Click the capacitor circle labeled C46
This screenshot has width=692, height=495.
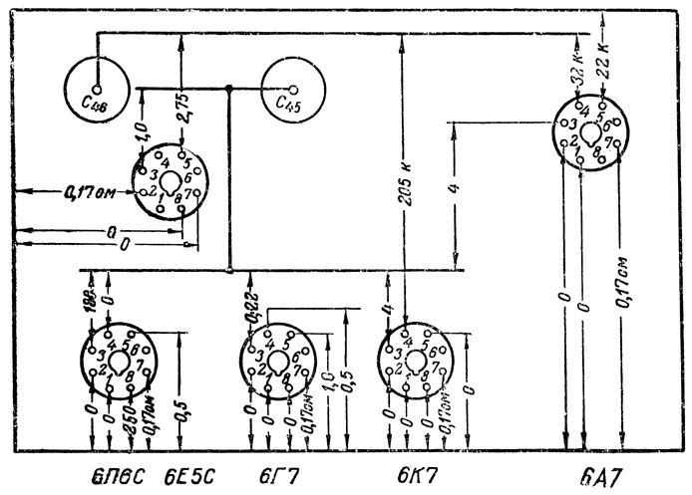tap(97, 88)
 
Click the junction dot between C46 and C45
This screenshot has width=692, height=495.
tap(229, 89)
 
